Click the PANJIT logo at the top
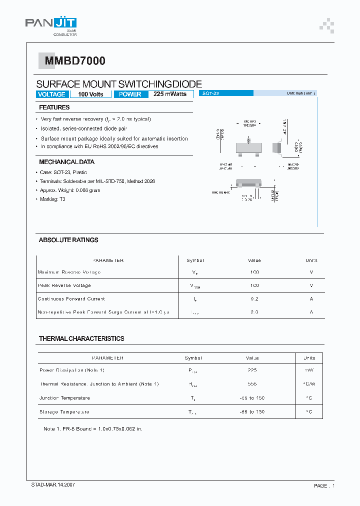tap(51, 24)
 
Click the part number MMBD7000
tap(75, 61)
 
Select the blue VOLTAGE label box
tap(52, 94)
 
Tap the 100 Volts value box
tap(90, 94)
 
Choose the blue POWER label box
tap(130, 94)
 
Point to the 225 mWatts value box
tap(170, 94)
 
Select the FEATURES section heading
tap(54, 107)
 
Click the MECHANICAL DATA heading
tap(66, 162)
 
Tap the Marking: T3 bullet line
tap(52, 199)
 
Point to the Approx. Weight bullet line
tap(70, 190)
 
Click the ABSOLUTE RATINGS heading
tap(68, 240)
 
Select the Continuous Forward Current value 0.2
tap(254, 299)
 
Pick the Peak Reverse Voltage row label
tap(64, 285)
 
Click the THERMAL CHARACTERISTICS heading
tap(81, 338)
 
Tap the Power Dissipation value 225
tap(252, 370)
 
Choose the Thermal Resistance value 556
tap(252, 384)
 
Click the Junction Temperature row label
tap(64, 398)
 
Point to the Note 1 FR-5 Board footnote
tap(93, 429)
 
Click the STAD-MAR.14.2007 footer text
tap(53, 485)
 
